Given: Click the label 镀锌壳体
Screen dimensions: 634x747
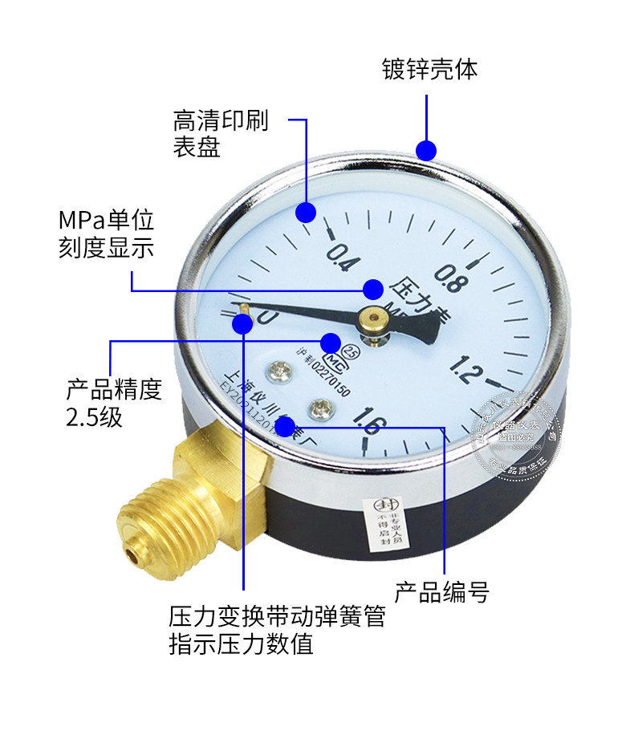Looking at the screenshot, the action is click(429, 70).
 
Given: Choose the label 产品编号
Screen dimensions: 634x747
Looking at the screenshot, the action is click(441, 593).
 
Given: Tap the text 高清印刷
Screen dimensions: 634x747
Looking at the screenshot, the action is click(221, 122).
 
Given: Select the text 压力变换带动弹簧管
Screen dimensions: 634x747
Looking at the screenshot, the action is click(277, 617).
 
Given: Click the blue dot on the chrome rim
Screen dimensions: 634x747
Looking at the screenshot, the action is click(425, 150).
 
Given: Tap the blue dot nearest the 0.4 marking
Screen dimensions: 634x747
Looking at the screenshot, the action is click(305, 212).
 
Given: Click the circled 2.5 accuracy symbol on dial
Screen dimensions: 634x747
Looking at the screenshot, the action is click(352, 350).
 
